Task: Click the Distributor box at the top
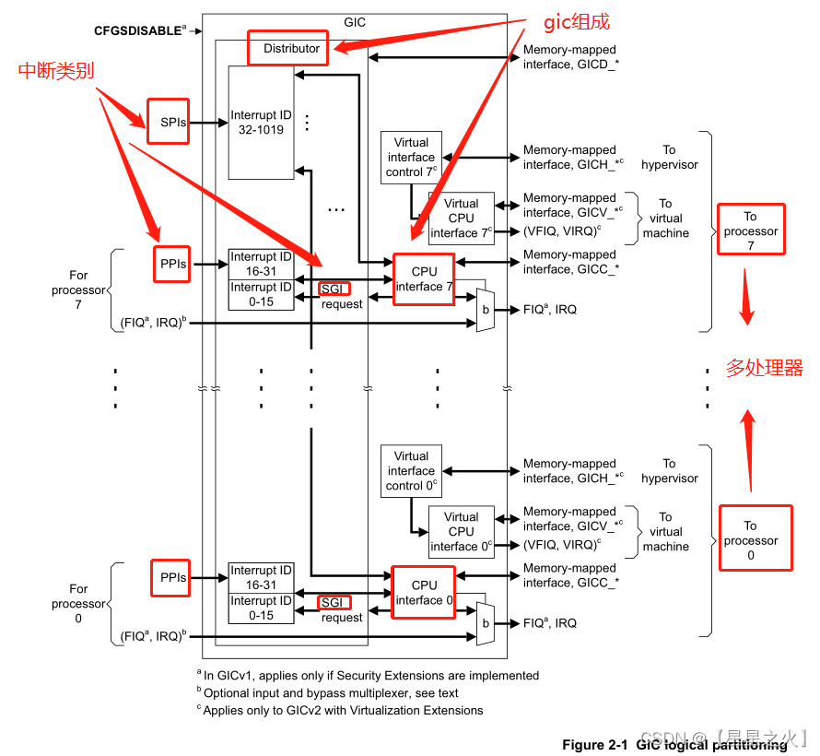287,48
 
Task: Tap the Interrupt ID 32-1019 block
261,123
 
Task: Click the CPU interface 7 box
424,278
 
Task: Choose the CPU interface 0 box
424,592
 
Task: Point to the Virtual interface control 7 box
411,158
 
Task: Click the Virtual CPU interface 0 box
461,531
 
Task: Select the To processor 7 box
751,230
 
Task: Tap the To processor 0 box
755,539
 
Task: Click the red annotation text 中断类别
56,71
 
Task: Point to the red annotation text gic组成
577,22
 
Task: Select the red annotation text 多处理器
764,369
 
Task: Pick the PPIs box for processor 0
172,578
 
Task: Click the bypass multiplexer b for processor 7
486,310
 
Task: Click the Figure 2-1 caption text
674,744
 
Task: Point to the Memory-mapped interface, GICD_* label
569,57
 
